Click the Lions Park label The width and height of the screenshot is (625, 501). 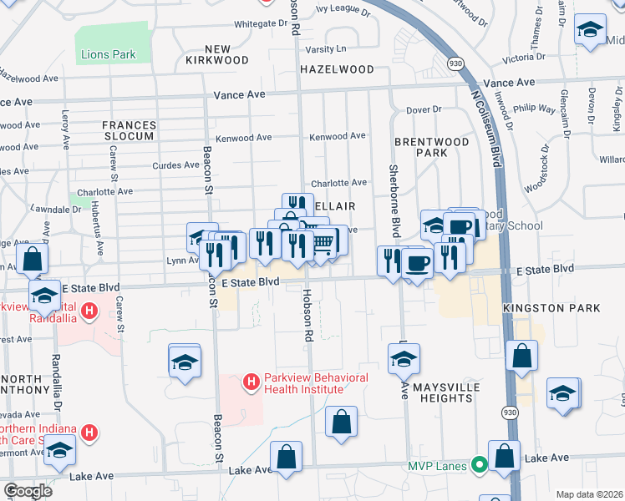tap(109, 55)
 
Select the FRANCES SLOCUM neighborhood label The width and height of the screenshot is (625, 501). tap(129, 130)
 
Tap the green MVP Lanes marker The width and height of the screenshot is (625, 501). tap(480, 464)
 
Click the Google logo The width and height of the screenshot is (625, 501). tap(28, 491)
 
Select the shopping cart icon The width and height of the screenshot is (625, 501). tap(324, 242)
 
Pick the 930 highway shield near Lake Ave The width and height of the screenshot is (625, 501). tap(509, 412)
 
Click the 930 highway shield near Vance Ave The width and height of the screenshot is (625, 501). tap(455, 63)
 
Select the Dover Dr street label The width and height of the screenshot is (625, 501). tap(423, 109)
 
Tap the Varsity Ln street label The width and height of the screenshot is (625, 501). tap(330, 50)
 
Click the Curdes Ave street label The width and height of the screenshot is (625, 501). tap(177, 165)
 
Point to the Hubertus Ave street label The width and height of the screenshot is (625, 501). tap(99, 235)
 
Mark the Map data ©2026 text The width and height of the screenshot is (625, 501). tap(590, 494)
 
